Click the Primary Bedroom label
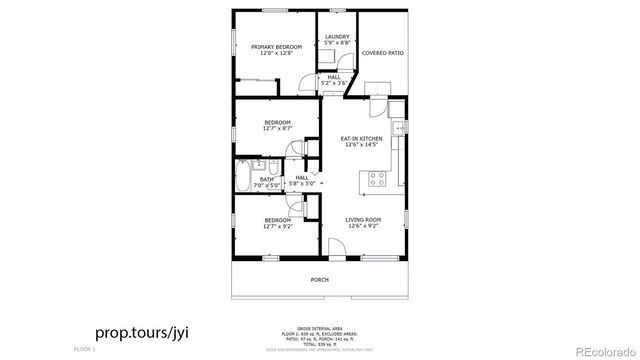click(276, 47)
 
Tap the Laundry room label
click(337, 37)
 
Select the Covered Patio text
click(382, 53)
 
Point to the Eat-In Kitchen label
click(361, 138)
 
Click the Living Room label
click(364, 220)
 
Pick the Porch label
click(319, 280)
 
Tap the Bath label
click(266, 180)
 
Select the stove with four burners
click(378, 179)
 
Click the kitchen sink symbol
click(399, 127)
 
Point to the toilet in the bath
click(273, 167)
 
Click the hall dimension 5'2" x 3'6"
click(332, 83)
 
